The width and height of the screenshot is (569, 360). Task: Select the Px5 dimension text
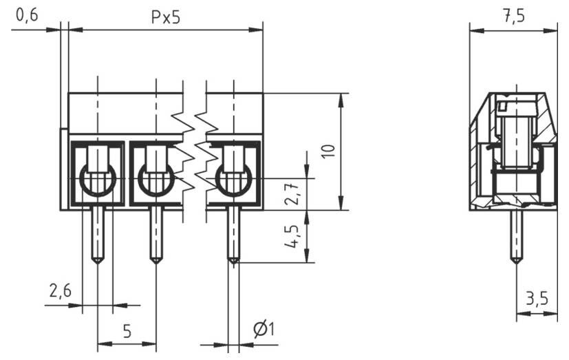[x=165, y=17]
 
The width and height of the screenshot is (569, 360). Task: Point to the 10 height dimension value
[x=328, y=151]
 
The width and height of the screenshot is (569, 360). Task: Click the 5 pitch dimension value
[x=127, y=331]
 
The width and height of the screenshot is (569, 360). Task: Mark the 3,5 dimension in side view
[x=537, y=299]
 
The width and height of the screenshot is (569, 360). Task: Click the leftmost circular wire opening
[x=98, y=180]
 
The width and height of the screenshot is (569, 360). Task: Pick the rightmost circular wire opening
[x=233, y=180]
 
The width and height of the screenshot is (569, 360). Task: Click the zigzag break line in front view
[x=195, y=151]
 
